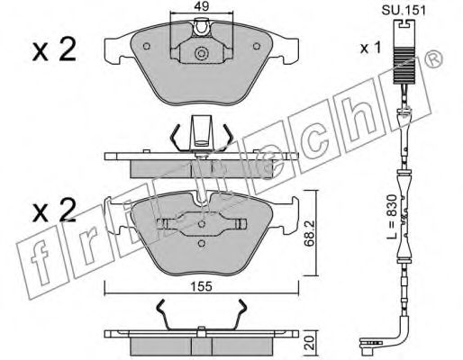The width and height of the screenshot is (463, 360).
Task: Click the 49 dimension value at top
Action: pos(202,6)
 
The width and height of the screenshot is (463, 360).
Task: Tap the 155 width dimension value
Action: pos(202,286)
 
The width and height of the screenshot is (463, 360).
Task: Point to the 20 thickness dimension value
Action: pos(309,343)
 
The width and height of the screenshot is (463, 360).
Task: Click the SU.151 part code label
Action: pos(404,11)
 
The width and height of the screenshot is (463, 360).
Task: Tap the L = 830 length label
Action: pos(392,217)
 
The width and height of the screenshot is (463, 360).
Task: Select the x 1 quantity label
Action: pos(370,48)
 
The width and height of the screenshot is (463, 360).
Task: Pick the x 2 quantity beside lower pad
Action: pos(54,210)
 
